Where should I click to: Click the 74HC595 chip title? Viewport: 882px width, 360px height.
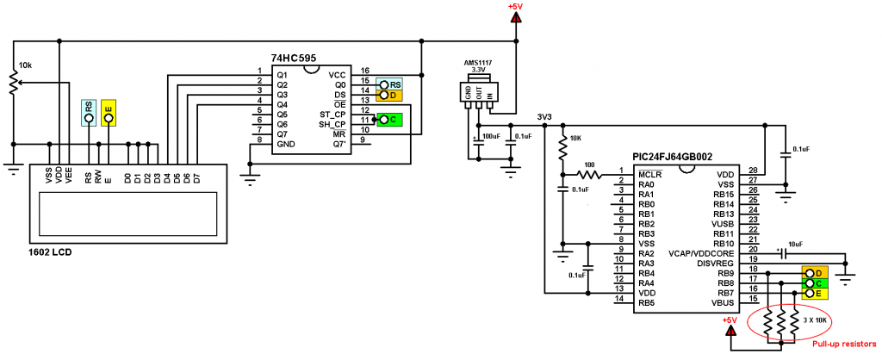[293, 58]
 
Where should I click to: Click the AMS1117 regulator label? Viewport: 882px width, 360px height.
[474, 62]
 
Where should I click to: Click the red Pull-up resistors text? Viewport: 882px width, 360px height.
[844, 344]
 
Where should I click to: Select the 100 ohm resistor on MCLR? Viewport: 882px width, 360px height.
[588, 176]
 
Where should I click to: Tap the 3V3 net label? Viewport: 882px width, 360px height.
[545, 118]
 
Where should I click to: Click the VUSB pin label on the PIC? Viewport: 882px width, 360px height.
[723, 224]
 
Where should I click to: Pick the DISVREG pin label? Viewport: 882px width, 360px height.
[716, 264]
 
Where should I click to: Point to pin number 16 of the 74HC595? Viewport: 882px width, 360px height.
[365, 71]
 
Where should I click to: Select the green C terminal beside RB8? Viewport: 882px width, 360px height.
[815, 283]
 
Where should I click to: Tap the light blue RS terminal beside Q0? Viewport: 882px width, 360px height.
[389, 84]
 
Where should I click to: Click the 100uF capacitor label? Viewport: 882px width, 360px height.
[492, 137]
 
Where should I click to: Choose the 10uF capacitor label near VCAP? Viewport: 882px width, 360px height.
[795, 244]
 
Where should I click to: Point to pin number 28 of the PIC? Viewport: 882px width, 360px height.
[753, 171]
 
